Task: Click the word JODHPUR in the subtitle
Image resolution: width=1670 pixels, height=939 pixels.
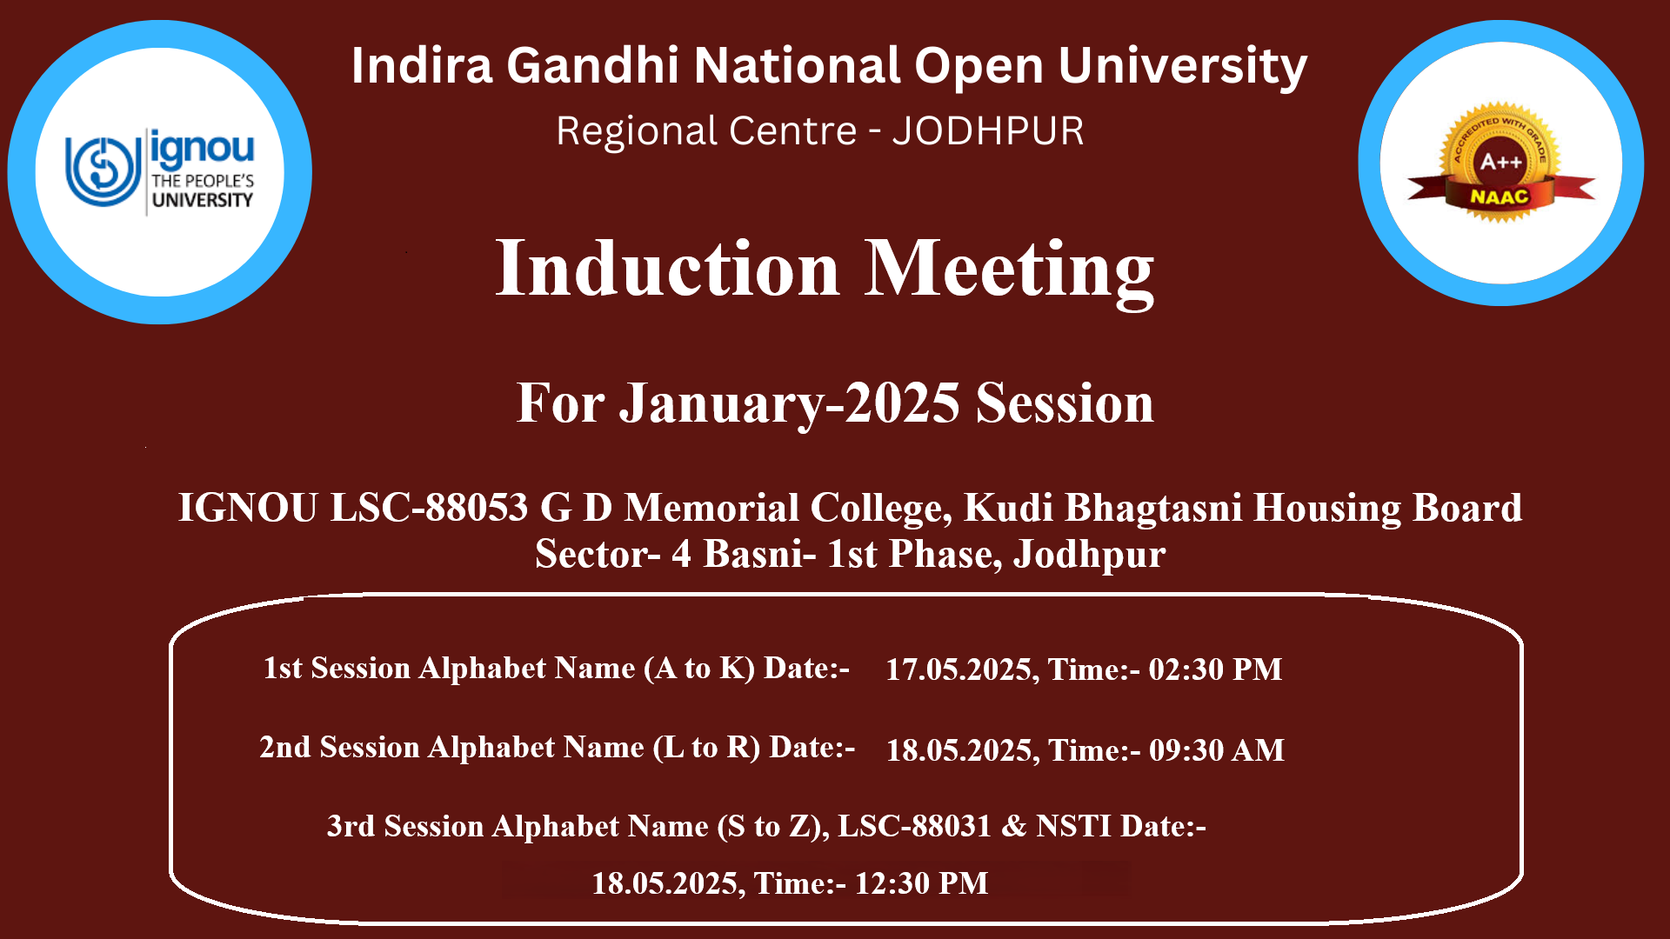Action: [988, 131]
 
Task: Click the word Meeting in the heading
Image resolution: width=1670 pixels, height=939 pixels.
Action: [1009, 272]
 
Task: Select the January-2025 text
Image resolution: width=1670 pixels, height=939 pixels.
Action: [790, 403]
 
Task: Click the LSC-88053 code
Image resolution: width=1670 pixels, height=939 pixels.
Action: [429, 508]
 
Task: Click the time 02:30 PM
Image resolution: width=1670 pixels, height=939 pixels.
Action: [1215, 669]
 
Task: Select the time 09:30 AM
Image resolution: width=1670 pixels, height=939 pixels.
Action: [1217, 750]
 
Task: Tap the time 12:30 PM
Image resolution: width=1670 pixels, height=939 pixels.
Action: [921, 883]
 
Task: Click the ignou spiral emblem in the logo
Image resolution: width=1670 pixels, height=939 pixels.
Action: [103, 170]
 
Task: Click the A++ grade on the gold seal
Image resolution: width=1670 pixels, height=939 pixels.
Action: [1501, 162]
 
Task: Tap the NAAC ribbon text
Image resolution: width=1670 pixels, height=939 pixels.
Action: [1500, 196]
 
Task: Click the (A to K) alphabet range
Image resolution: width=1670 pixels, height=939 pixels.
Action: [699, 669]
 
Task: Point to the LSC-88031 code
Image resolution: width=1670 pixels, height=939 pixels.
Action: [914, 826]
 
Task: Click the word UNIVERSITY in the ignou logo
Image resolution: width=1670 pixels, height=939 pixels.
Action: [203, 200]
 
